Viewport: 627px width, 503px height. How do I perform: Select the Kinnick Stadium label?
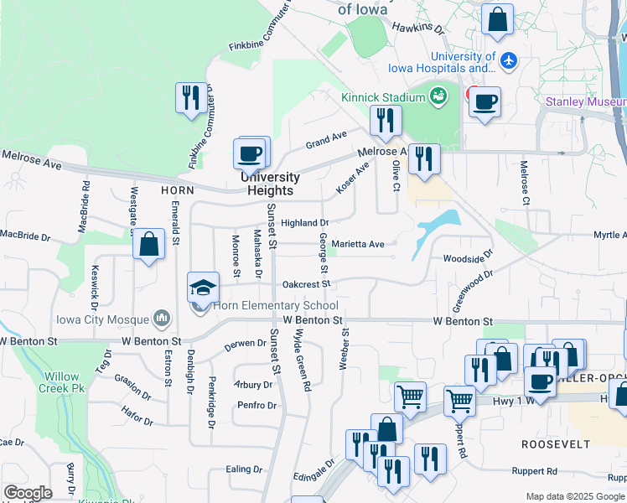[383, 97]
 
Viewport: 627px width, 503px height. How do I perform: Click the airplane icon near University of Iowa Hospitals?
[508, 60]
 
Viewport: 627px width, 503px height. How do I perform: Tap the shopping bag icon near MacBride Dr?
[148, 246]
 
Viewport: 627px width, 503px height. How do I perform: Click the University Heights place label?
[269, 184]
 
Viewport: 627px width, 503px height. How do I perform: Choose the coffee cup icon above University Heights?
[251, 154]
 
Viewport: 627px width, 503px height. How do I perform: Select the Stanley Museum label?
[584, 102]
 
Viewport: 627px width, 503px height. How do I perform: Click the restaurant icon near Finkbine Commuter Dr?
[190, 97]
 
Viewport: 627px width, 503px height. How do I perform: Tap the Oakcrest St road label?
[308, 284]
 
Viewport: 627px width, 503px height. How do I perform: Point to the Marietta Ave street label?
[358, 244]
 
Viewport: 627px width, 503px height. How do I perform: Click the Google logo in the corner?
[28, 493]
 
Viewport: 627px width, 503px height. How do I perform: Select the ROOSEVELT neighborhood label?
[551, 443]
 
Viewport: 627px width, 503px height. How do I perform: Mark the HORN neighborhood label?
[178, 190]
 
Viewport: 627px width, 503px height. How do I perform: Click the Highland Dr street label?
[304, 223]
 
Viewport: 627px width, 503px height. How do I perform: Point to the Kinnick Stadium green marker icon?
[438, 97]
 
